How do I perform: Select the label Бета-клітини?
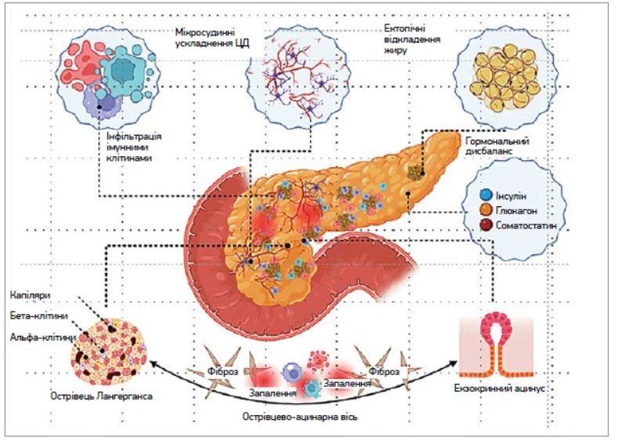pyautogui.click(x=39, y=315)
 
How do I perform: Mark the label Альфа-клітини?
pyautogui.click(x=42, y=337)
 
